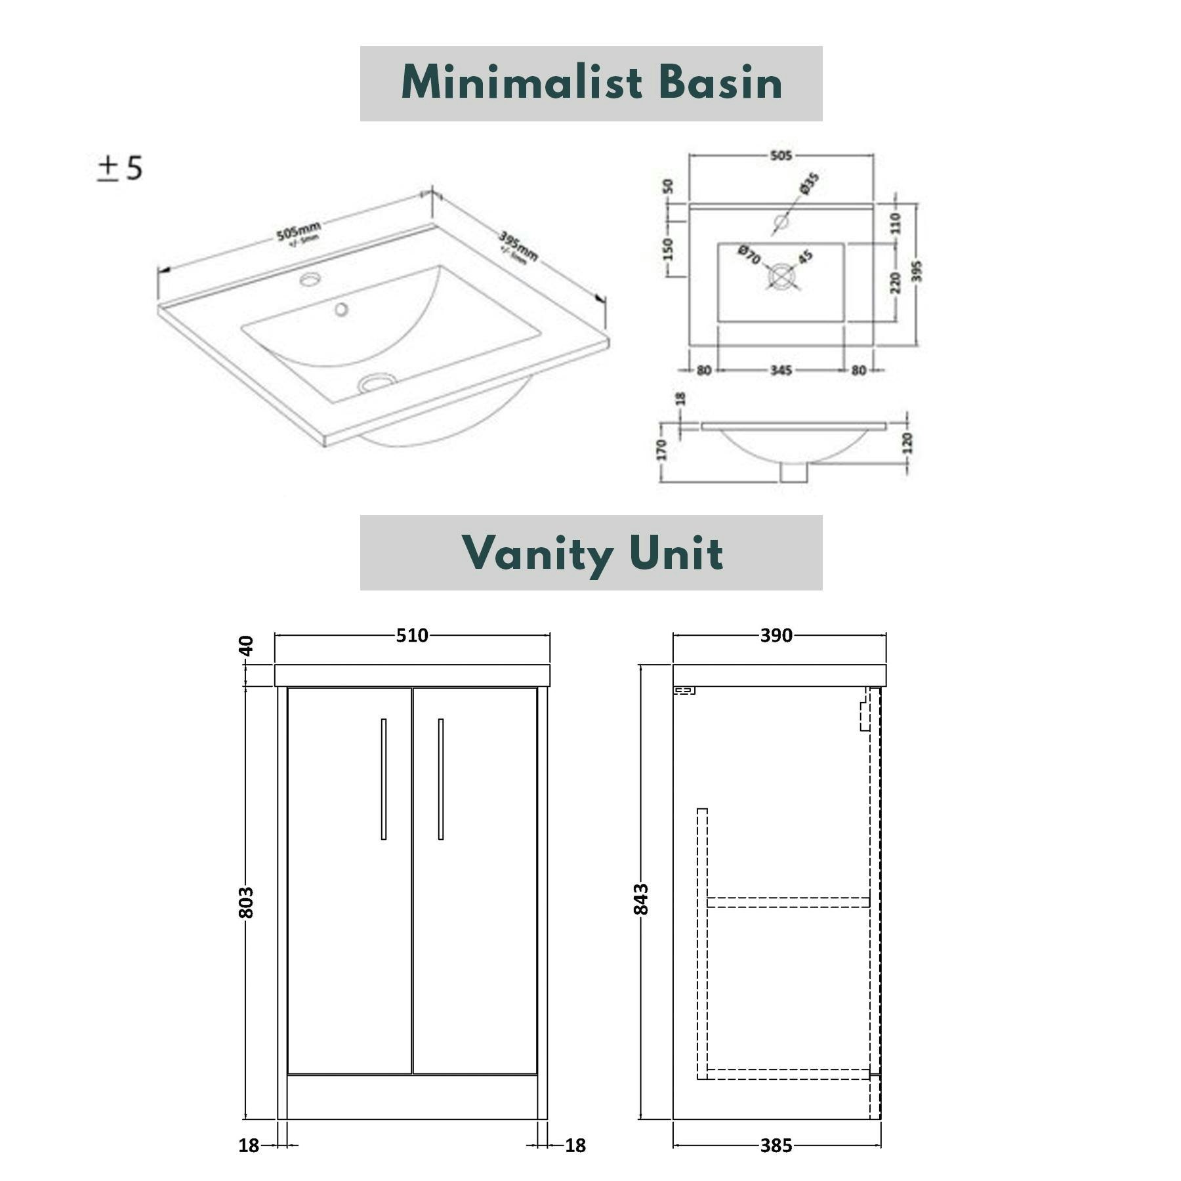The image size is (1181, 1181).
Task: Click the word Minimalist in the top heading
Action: click(522, 83)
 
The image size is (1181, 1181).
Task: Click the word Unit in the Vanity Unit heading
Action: click(676, 553)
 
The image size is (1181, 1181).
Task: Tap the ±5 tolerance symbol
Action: click(120, 169)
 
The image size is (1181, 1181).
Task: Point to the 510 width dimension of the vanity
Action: click(412, 635)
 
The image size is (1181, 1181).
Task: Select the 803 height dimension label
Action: click(246, 902)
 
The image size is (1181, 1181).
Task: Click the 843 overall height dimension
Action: click(641, 899)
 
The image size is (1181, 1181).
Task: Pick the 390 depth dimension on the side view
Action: click(776, 635)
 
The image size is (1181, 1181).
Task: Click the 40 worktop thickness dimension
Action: click(246, 646)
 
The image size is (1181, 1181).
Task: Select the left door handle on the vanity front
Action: click(384, 779)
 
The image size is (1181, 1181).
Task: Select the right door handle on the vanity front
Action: click(441, 779)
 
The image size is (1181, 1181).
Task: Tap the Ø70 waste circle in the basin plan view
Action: click(781, 276)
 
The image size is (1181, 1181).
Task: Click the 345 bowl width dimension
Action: click(781, 371)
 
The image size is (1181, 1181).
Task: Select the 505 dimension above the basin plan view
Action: click(781, 155)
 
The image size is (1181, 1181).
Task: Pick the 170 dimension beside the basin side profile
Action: click(661, 450)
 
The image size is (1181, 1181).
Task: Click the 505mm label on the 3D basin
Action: click(299, 232)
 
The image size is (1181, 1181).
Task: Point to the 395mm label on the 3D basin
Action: click(518, 245)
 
